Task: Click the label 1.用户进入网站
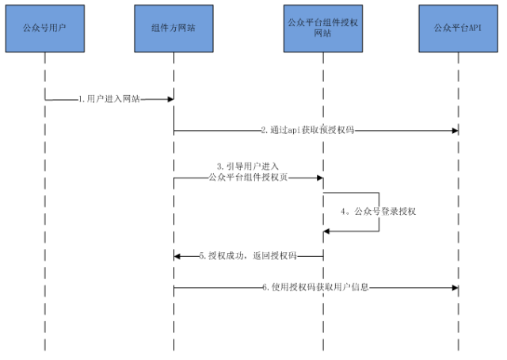point(109,99)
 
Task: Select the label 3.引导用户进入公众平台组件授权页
point(248,173)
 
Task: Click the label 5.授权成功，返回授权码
point(248,256)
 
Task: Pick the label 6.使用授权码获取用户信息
point(316,287)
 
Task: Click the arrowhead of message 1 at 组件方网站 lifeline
point(170,99)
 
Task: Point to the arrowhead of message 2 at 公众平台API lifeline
point(454,129)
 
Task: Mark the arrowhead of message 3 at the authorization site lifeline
point(318,178)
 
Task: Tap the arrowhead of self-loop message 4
point(327,231)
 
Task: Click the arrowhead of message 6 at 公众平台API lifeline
point(454,287)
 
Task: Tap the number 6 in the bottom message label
point(265,287)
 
